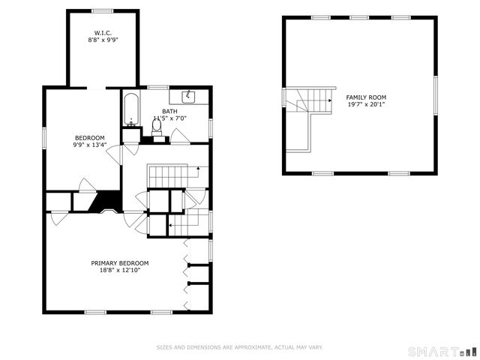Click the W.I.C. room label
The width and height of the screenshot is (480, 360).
click(103, 33)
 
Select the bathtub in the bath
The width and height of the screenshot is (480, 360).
click(130, 109)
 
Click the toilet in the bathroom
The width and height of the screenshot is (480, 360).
click(157, 127)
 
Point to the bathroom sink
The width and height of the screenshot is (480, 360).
click(189, 97)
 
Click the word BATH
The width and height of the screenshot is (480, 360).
click(169, 111)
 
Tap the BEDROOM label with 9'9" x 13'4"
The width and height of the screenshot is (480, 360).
click(89, 137)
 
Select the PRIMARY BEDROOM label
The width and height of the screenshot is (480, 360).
click(120, 263)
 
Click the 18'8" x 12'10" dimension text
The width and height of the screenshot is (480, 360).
click(120, 270)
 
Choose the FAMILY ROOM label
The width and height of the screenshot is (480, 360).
click(365, 97)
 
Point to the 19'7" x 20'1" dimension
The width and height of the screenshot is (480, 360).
click(365, 104)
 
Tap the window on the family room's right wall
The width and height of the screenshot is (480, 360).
click(435, 95)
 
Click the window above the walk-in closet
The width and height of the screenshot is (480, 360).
click(103, 10)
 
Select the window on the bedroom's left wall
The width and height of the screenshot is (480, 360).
click(44, 137)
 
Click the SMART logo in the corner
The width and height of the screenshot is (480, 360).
click(441, 351)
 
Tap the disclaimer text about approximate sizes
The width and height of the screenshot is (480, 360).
click(239, 347)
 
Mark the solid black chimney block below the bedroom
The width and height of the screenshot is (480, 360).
click(107, 202)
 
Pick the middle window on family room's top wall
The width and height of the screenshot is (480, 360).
click(359, 17)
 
